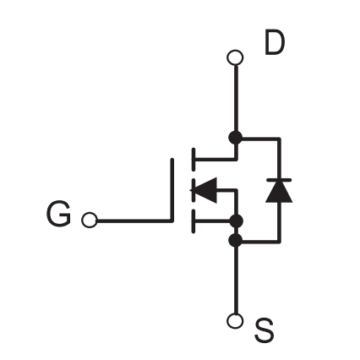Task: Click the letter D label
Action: tap(275, 44)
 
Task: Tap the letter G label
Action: tap(58, 214)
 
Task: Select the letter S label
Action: tap(264, 330)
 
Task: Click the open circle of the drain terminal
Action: tap(235, 57)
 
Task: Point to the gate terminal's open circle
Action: tap(90, 220)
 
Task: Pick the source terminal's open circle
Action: tap(235, 321)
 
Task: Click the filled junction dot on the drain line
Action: tap(235, 138)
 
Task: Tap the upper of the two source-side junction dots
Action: tap(236, 221)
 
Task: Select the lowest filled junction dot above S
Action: tap(235, 240)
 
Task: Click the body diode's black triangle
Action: tap(279, 192)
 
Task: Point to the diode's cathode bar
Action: tap(279, 180)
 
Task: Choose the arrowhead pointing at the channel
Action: tap(204, 190)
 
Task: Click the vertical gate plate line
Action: tap(172, 190)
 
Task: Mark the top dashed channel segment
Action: tap(194, 159)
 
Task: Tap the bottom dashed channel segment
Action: tap(194, 221)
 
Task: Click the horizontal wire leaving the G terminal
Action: tap(134, 221)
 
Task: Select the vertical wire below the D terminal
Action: tap(236, 99)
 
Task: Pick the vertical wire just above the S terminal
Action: tap(236, 280)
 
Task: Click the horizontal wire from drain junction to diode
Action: tap(261, 139)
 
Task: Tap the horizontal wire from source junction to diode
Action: tap(261, 242)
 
